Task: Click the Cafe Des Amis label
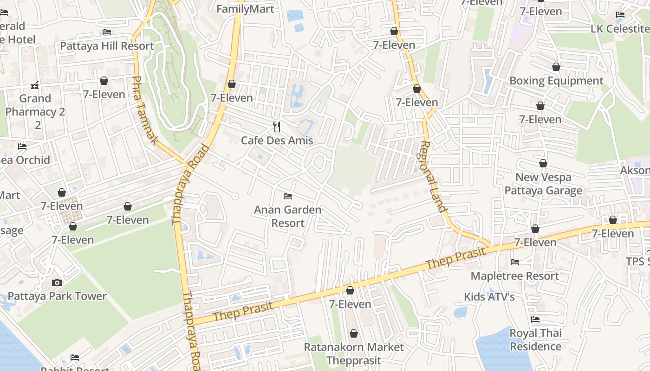click(x=277, y=141)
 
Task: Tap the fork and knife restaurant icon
click(x=277, y=126)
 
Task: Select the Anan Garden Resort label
click(x=288, y=216)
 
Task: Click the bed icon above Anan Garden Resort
click(x=288, y=196)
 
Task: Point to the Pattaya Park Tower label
click(x=57, y=296)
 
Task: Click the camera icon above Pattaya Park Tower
click(x=57, y=282)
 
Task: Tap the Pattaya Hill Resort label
click(x=107, y=46)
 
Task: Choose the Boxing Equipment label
click(x=556, y=81)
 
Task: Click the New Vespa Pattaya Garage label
click(x=543, y=184)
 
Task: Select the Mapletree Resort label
click(x=515, y=276)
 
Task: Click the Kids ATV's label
click(x=489, y=297)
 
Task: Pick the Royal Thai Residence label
click(x=535, y=339)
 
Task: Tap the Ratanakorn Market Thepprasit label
click(x=354, y=353)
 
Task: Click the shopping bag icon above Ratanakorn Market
click(x=354, y=333)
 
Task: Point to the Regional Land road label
click(x=433, y=176)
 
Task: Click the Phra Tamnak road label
click(x=145, y=110)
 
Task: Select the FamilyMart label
click(x=245, y=9)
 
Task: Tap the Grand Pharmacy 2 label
click(x=35, y=111)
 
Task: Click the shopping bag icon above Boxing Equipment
click(x=556, y=67)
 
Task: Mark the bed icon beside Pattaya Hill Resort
click(x=107, y=32)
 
